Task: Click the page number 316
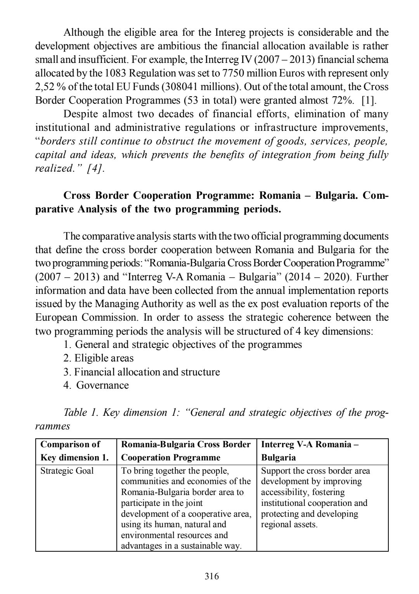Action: click(212, 576)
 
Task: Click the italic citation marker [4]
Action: click(95, 168)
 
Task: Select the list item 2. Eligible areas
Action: click(99, 358)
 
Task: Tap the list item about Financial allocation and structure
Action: click(142, 372)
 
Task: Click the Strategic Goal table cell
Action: click(67, 471)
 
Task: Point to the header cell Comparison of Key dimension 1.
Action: click(74, 451)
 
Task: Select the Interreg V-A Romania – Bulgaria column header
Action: click(310, 451)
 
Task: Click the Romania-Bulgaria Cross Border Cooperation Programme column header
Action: click(186, 451)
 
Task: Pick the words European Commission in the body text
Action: click(86, 318)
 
